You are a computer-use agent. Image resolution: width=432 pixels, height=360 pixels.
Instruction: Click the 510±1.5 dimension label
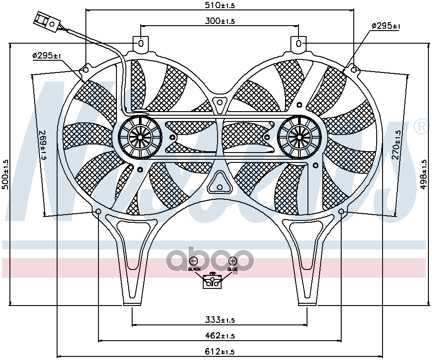coord(220,6)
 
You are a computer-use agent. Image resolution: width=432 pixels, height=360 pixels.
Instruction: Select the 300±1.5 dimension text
coord(220,21)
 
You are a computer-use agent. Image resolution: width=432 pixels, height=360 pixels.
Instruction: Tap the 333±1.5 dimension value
coord(220,320)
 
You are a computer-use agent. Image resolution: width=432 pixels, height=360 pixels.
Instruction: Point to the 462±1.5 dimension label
coord(220,336)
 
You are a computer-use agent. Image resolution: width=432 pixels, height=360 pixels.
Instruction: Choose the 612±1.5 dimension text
coord(220,351)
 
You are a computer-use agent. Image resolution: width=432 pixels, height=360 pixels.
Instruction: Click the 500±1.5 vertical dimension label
coord(5,173)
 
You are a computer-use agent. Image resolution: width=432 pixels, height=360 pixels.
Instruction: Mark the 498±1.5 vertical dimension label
coord(423,174)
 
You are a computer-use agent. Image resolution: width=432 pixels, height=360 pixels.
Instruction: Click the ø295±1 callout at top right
coord(386,27)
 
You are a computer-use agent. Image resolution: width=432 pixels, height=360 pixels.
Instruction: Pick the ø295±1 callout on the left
coord(47,56)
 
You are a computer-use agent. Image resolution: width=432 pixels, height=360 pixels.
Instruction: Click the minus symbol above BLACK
coord(193,261)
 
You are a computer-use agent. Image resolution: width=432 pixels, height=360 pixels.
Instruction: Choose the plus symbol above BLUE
coord(232,261)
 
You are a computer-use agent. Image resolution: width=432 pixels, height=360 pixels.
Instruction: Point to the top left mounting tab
coord(141,44)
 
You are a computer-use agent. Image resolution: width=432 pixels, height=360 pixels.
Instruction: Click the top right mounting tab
coord(298,44)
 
